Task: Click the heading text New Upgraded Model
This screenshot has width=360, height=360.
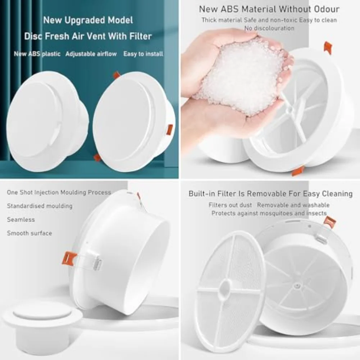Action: [88, 20]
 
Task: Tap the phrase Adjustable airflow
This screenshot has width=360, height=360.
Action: [91, 54]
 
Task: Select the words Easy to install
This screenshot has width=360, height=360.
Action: [143, 54]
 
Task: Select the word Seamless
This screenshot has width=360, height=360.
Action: [21, 219]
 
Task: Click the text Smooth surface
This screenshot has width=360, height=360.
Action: [29, 233]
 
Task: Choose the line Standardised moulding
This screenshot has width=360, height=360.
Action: [40, 206]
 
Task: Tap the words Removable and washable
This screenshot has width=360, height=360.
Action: [293, 205]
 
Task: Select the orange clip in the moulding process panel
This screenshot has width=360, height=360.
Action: [69, 258]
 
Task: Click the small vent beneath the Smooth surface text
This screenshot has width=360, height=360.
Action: [42, 320]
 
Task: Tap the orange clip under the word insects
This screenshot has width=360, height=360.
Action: [329, 221]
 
